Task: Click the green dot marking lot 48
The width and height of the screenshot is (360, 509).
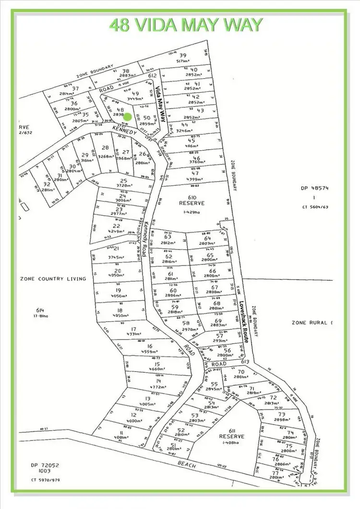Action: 128,117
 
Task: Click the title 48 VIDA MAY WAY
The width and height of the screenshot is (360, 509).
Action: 186,24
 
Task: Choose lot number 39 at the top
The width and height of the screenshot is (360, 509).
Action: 182,55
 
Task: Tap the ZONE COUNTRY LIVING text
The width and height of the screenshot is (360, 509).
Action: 53,279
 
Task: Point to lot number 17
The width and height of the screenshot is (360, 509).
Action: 134,328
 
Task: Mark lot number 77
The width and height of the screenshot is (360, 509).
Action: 277,472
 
